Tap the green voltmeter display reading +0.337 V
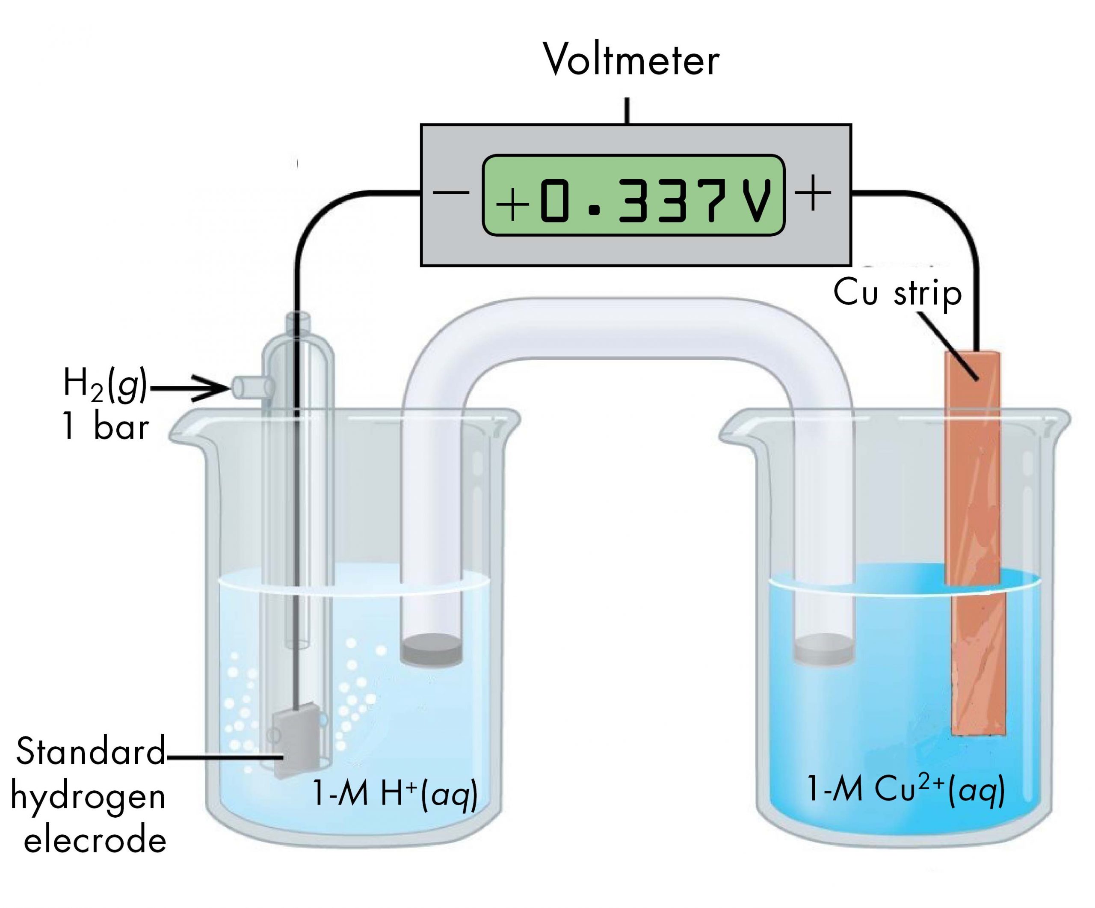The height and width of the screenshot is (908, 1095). click(x=633, y=195)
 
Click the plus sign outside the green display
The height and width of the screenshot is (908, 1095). click(x=813, y=193)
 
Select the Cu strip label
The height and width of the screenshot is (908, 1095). click(x=897, y=293)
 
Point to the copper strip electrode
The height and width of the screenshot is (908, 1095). click(x=973, y=522)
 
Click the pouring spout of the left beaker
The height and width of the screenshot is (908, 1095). click(x=180, y=427)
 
